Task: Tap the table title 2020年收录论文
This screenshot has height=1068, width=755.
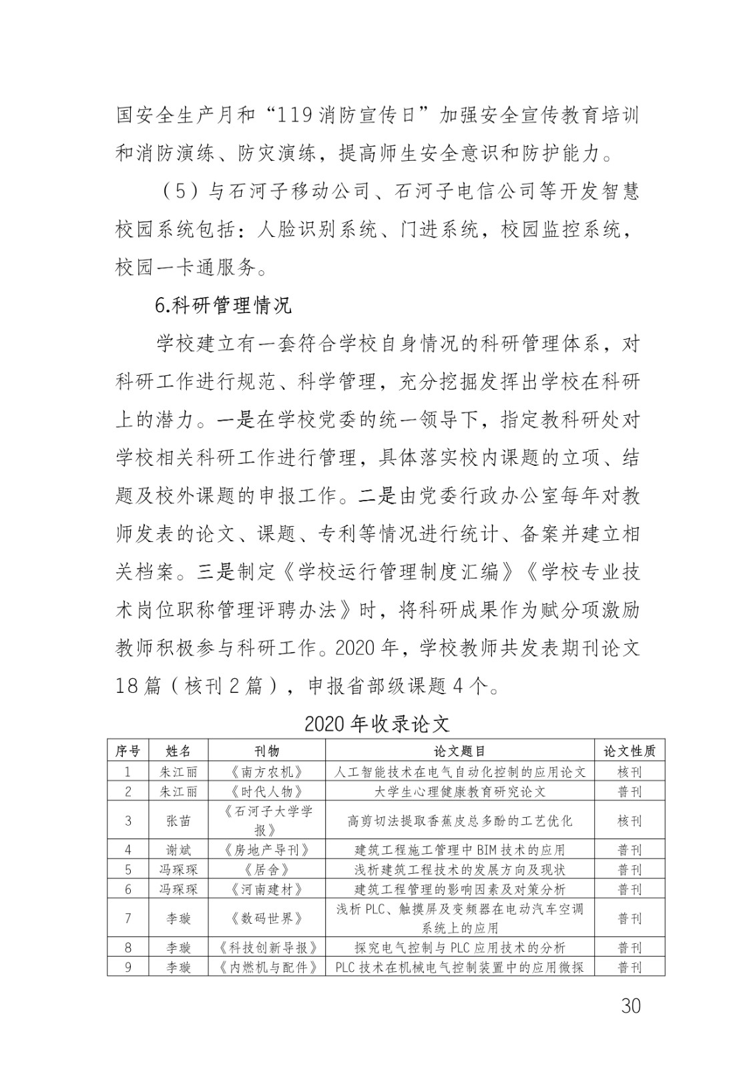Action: [377, 724]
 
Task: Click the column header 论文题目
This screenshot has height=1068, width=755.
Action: [459, 751]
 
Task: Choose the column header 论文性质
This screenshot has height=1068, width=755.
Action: [630, 751]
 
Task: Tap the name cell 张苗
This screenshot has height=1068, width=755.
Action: [178, 820]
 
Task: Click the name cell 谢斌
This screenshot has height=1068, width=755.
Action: [178, 850]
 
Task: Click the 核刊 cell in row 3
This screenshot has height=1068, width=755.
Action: [630, 820]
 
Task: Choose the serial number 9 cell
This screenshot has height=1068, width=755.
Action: [128, 967]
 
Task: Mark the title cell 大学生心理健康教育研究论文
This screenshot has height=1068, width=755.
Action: [459, 792]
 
